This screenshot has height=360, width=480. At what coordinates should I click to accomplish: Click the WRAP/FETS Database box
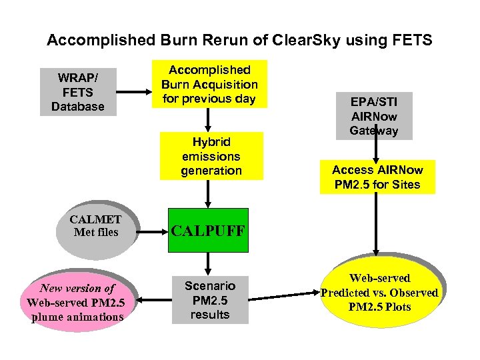point(77,91)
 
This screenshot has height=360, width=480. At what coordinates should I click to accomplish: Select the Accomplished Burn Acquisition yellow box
point(209,84)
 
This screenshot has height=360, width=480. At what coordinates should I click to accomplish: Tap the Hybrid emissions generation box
point(211,156)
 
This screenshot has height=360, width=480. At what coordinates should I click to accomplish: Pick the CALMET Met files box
point(96,226)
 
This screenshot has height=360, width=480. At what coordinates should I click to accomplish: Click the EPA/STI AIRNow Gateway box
point(374,115)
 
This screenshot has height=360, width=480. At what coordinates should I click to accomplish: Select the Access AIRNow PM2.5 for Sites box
point(377,177)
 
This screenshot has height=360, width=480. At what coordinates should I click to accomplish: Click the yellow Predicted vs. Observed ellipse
point(379,292)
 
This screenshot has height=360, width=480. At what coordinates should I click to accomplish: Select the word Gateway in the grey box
point(374,130)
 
